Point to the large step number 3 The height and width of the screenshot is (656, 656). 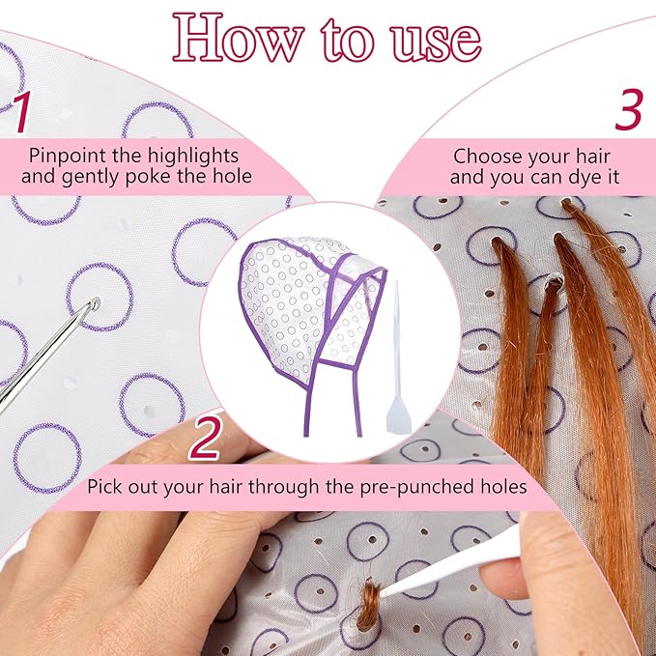[x=628, y=111]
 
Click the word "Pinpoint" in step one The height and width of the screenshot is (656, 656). [x=66, y=155]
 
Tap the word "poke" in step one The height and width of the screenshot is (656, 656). [x=171, y=177]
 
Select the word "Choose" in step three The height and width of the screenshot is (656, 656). [x=484, y=155]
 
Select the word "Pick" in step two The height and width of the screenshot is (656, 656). [x=103, y=486]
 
